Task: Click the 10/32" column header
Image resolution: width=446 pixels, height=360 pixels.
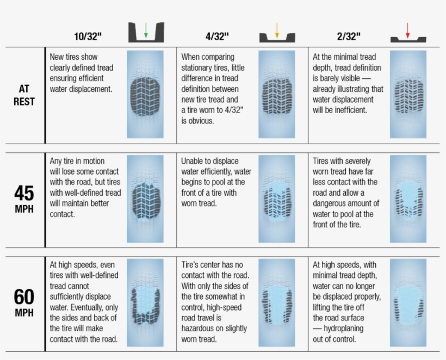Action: pyautogui.click(x=88, y=36)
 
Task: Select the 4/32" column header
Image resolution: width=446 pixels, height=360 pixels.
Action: pyautogui.click(x=217, y=36)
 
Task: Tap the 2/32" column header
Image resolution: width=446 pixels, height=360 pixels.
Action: pyautogui.click(x=349, y=36)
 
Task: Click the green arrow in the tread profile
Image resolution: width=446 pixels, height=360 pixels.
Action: pyautogui.click(x=146, y=30)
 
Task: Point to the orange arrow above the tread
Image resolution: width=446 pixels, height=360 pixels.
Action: pyautogui.click(x=277, y=30)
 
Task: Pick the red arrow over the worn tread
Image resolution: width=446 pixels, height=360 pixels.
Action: pyautogui.click(x=407, y=30)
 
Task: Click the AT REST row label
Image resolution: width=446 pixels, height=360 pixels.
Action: pyautogui.click(x=24, y=95)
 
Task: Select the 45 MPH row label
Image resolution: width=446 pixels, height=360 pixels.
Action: pyautogui.click(x=24, y=199)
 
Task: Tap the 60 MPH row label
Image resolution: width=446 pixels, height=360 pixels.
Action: pyautogui.click(x=24, y=302)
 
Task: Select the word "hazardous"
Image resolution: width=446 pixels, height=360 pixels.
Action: pyautogui.click(x=200, y=328)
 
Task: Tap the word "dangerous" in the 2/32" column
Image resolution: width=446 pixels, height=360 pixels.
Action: pyautogui.click(x=332, y=203)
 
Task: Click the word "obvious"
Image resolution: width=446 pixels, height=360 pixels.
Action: pyautogui.click(x=201, y=121)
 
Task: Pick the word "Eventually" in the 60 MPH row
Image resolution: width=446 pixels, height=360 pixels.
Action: pyautogui.click(x=89, y=308)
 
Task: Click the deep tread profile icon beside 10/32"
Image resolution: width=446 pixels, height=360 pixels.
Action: pyautogui.click(x=146, y=32)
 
